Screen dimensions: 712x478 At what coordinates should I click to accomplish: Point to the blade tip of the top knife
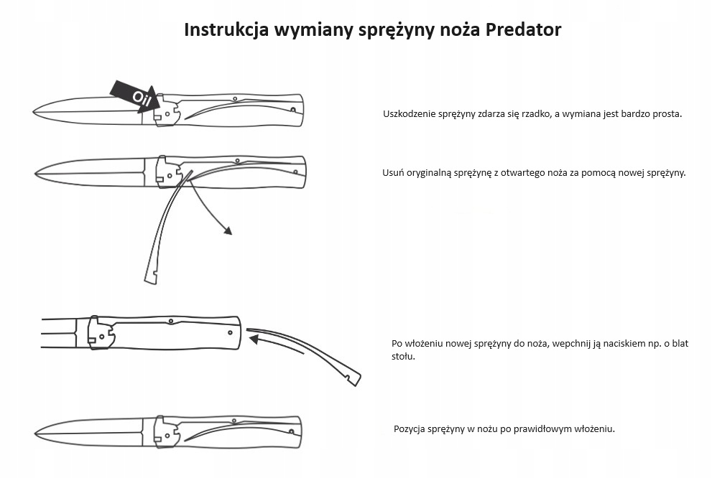(x=34, y=111)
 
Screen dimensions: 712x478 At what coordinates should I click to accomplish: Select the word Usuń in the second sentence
(x=393, y=173)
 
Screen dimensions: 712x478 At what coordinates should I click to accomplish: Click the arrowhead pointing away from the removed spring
(x=228, y=231)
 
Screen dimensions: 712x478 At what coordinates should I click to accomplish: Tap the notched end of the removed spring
(x=151, y=278)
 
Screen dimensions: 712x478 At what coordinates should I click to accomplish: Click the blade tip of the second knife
(x=37, y=173)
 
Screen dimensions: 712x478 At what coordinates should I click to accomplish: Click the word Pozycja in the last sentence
(x=410, y=429)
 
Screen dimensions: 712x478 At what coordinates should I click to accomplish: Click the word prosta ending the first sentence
(x=667, y=114)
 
